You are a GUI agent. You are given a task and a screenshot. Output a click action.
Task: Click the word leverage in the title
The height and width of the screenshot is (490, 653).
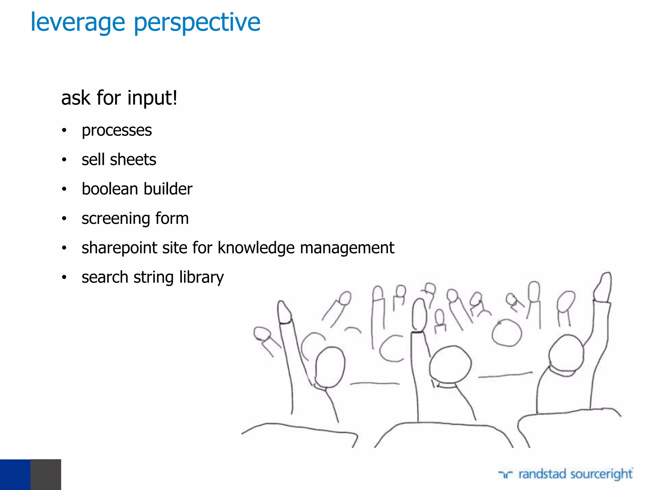tap(78, 23)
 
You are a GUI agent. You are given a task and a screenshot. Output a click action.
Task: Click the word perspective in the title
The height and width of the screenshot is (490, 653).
tap(197, 23)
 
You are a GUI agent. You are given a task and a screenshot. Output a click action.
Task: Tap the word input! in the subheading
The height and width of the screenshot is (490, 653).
tap(152, 98)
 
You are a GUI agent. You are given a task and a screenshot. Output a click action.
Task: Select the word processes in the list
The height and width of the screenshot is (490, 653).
tap(117, 130)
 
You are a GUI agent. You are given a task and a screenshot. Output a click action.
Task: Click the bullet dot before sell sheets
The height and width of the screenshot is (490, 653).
tap(64, 160)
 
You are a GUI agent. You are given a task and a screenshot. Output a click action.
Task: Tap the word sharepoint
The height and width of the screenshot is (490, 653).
tap(119, 248)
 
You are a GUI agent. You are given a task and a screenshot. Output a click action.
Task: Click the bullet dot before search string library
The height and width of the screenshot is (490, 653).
tap(64, 277)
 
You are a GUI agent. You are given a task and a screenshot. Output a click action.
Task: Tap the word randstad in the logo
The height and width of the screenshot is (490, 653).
tap(542, 474)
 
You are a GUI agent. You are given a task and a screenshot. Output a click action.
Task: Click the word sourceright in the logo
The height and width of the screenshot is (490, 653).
tap(601, 474)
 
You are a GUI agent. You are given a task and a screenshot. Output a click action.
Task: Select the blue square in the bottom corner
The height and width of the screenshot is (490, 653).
tap(15, 474)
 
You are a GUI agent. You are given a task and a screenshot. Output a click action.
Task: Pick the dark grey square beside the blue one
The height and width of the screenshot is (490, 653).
tap(46, 474)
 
